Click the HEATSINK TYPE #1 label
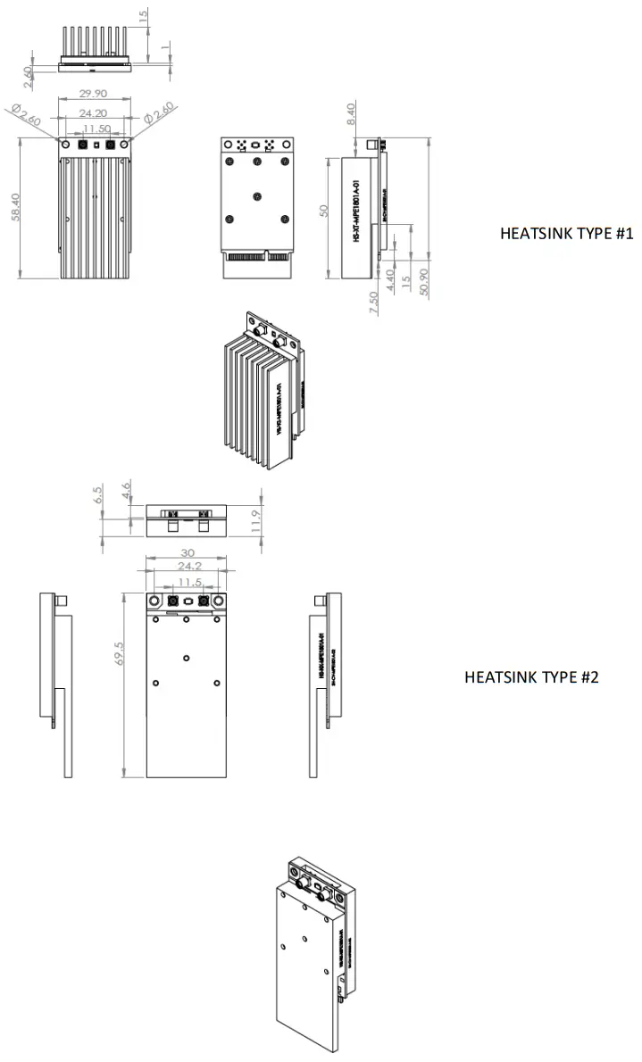[x=566, y=234]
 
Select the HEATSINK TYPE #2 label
[x=531, y=676]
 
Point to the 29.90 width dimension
[x=95, y=93]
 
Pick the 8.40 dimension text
[x=350, y=114]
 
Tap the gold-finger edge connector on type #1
[x=257, y=265]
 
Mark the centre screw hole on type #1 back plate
[x=257, y=198]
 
